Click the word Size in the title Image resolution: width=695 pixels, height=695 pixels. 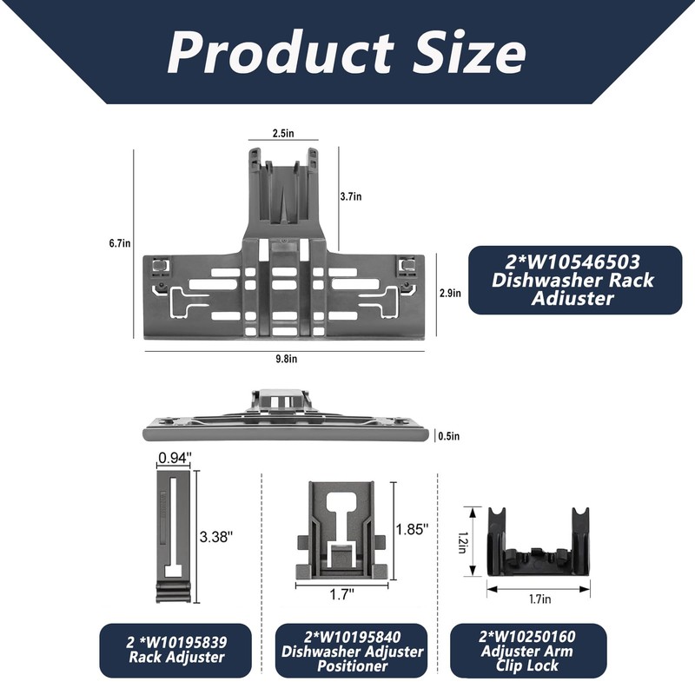(x=469, y=52)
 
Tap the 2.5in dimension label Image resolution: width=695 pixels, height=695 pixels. (x=283, y=133)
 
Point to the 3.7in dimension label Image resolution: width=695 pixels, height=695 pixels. (x=351, y=196)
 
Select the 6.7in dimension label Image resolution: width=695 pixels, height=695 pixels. (x=120, y=243)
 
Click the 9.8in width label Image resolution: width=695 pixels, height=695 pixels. (x=287, y=359)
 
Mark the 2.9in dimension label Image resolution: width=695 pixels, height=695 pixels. (x=450, y=293)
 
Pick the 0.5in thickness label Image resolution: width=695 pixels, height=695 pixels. (x=449, y=436)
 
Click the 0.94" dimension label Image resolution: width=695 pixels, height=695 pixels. (x=175, y=458)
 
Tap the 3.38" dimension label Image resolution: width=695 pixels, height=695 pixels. (x=215, y=537)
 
